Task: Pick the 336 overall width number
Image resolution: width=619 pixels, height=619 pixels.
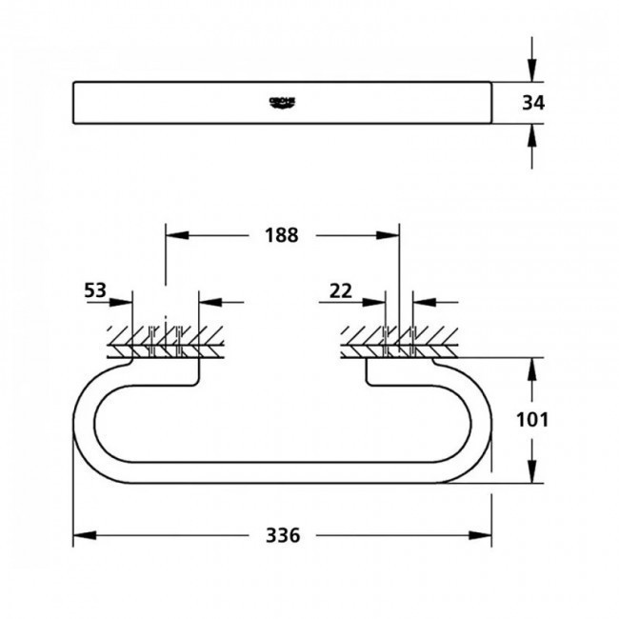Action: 284,535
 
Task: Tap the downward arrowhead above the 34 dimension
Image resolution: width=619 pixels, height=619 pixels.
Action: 530,72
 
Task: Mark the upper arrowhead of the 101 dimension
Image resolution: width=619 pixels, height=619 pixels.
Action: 530,367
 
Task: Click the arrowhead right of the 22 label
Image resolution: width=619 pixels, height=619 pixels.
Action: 379,303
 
